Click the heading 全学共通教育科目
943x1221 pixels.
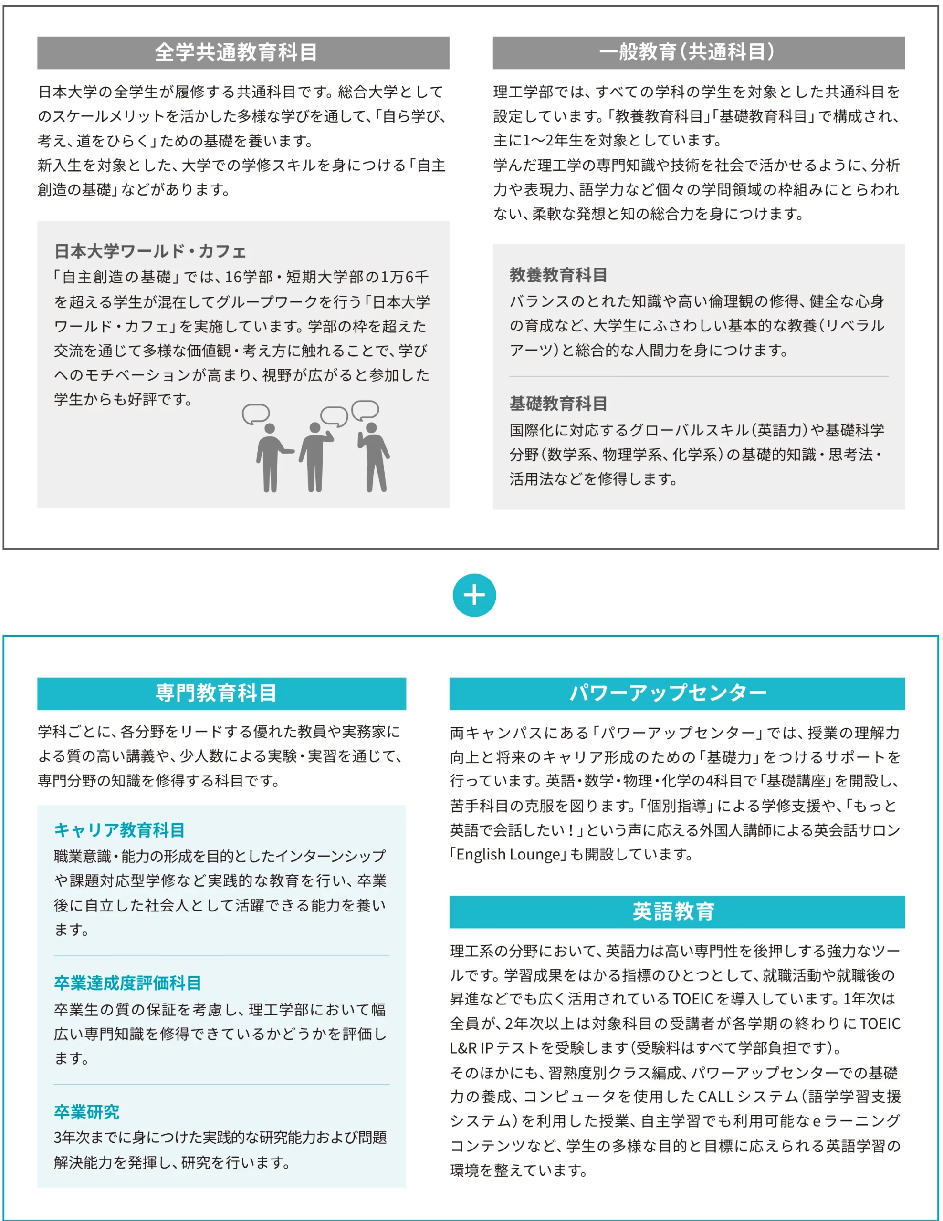tap(236, 52)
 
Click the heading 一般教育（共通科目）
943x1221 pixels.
tap(687, 52)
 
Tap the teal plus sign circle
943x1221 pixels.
tap(474, 595)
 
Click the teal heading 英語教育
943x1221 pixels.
tap(673, 911)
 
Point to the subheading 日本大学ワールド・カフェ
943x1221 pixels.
tap(150, 251)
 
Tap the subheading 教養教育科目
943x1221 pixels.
tap(557, 275)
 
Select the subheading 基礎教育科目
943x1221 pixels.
tap(557, 404)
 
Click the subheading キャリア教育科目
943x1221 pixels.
tap(119, 830)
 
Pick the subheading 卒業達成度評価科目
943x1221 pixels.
tap(127, 983)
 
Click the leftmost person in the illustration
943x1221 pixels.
tap(271, 458)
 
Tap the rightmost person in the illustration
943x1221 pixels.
tap(374, 457)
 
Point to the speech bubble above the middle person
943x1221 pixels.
tap(334, 416)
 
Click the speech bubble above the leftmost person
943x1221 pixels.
tap(256, 414)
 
